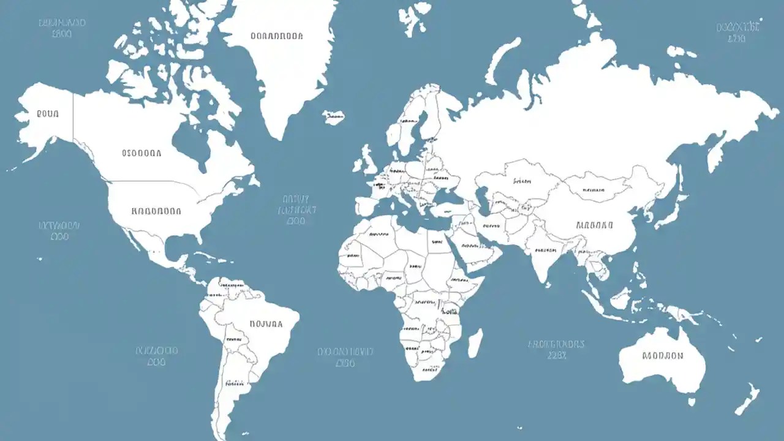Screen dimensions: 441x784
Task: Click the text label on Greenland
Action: click(277, 36)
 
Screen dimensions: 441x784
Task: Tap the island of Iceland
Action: click(334, 117)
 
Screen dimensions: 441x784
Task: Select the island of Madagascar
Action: click(475, 342)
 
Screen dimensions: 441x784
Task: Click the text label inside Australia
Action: click(663, 355)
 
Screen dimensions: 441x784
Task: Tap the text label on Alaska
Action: click(48, 114)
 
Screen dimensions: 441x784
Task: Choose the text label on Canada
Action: click(141, 153)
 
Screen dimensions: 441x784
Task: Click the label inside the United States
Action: click(156, 211)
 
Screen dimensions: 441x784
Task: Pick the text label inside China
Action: click(594, 225)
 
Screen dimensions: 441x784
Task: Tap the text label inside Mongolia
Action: click(593, 190)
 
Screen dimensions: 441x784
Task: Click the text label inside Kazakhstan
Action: click(522, 181)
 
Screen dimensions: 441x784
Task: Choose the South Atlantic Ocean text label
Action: click(345, 357)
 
